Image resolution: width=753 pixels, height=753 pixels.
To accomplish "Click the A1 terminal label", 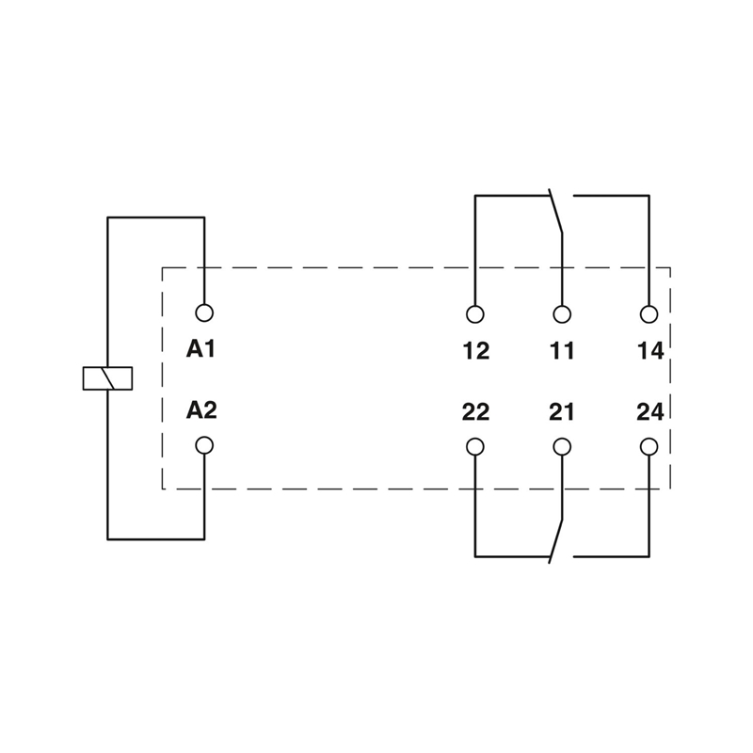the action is click(x=200, y=348).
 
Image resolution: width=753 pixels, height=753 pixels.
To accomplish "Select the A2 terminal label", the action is click(x=201, y=409).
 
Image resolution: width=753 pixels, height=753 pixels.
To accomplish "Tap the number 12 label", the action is click(x=476, y=350).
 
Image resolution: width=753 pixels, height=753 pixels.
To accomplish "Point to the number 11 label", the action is click(x=561, y=350).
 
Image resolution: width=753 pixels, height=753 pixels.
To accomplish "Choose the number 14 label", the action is click(x=650, y=350).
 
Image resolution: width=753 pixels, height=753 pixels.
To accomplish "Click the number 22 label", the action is click(x=475, y=412).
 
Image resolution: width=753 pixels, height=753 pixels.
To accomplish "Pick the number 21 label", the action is click(x=561, y=412).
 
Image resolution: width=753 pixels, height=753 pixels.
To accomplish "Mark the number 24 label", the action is click(x=650, y=412).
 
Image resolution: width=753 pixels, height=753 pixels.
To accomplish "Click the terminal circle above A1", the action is click(x=204, y=312).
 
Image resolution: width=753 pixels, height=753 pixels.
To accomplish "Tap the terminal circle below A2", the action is click(x=204, y=445).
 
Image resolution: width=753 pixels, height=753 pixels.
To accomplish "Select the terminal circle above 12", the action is click(x=475, y=314).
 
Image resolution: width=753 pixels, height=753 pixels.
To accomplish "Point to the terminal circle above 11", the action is click(x=562, y=314).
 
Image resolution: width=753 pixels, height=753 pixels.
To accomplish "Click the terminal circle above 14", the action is click(x=649, y=314).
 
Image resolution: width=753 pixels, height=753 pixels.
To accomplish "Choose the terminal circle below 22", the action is click(x=475, y=446).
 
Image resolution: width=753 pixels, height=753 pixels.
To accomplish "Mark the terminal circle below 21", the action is click(x=562, y=446).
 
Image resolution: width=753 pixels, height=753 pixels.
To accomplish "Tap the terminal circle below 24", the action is click(x=649, y=446).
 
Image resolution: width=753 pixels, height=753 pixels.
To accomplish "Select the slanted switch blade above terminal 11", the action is click(x=555, y=211).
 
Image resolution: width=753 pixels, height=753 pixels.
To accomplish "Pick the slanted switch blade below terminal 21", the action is click(x=555, y=540).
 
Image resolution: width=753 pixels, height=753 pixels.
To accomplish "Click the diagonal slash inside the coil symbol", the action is click(x=107, y=378).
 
